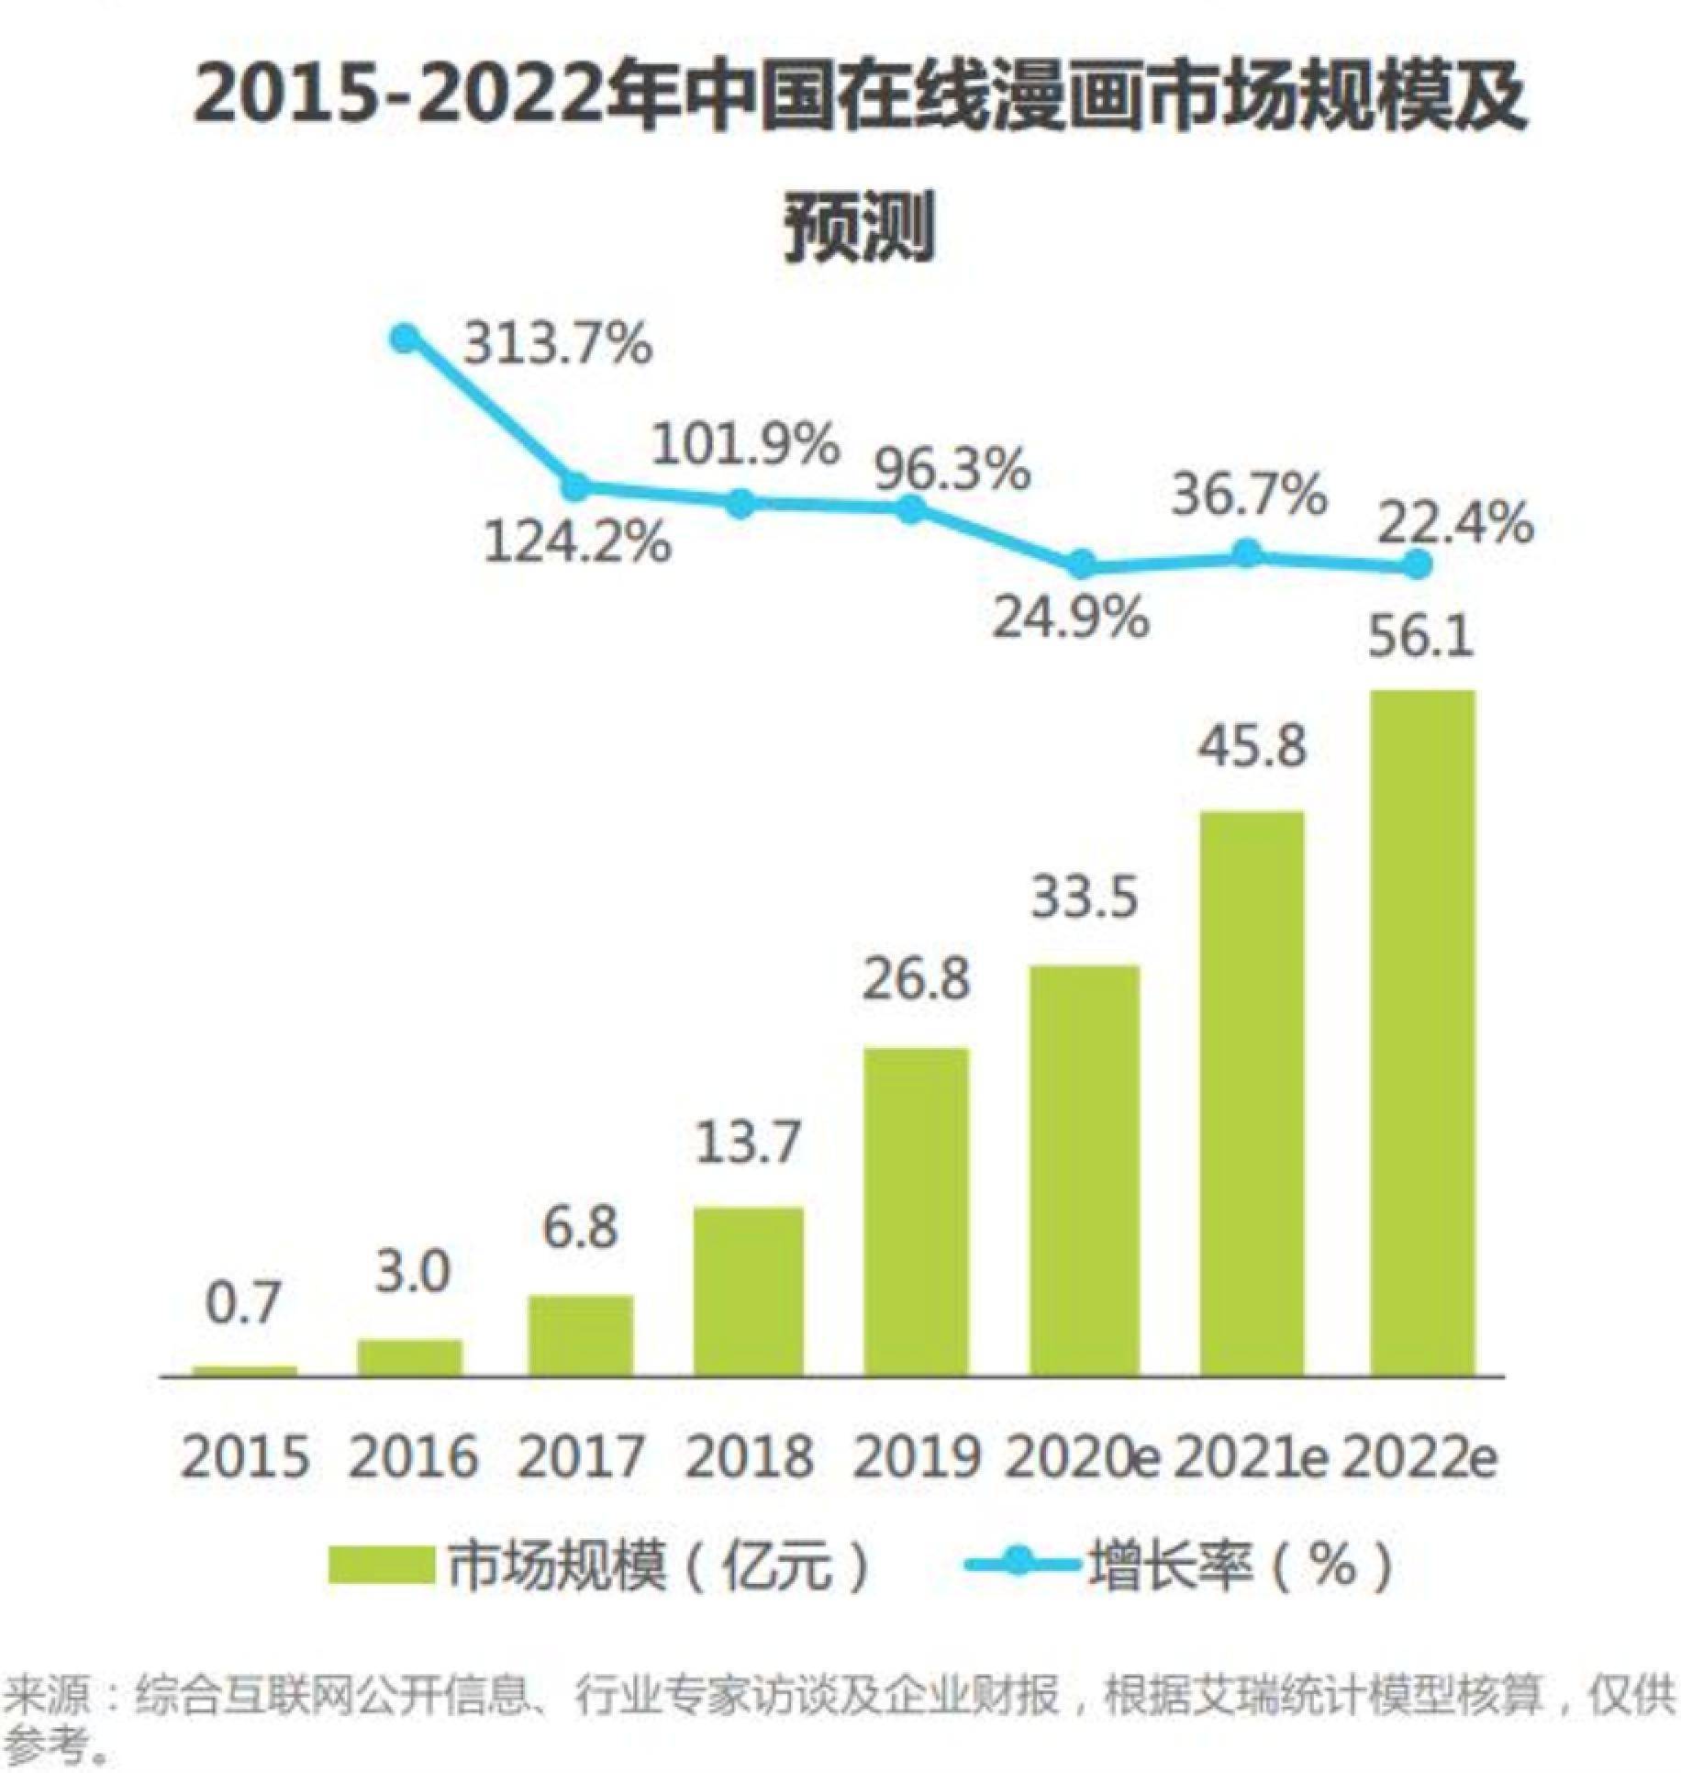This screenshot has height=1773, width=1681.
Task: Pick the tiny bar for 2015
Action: coord(244,1371)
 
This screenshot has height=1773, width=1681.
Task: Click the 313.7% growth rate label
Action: coord(557,346)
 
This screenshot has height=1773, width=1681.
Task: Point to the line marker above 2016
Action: coord(405,339)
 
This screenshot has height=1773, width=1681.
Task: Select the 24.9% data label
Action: coord(1071,617)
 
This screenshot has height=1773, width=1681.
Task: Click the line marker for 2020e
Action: coord(1083,564)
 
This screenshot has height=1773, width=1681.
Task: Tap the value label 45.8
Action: coord(1252,745)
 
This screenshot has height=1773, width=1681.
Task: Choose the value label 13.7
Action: coord(748,1143)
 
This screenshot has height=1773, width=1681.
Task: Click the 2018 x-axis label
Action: coord(749,1456)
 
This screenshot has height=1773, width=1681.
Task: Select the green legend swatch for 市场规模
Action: coord(381,1565)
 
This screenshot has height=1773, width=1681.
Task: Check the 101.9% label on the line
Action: coord(745,445)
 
